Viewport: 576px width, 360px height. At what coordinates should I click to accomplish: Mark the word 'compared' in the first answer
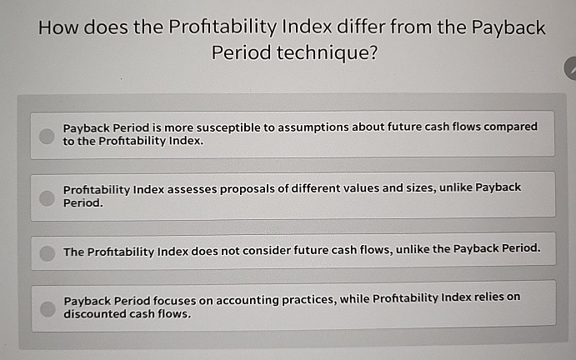(x=509, y=127)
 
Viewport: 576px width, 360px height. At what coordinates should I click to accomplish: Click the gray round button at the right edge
(x=571, y=69)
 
